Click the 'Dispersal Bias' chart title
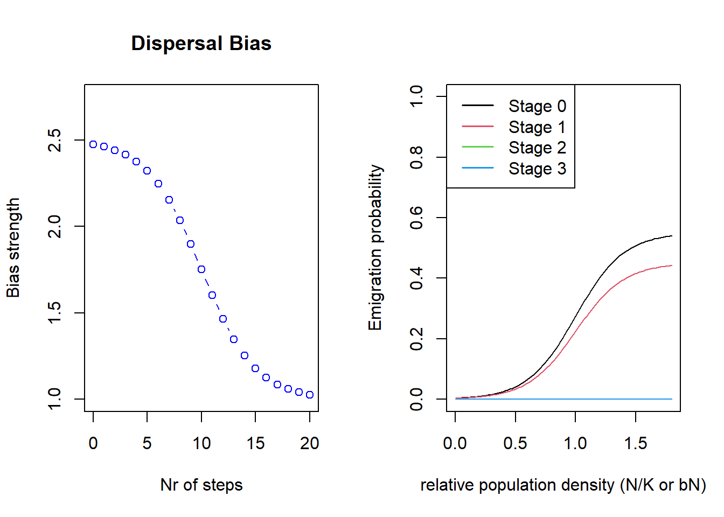coord(201,44)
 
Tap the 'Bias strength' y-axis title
coord(13,248)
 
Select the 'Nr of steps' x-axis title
coord(201,485)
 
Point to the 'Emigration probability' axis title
coord(375,248)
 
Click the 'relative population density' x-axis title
coord(563,485)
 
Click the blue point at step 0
coord(93,144)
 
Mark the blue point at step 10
coord(201,269)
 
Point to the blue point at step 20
coord(310,395)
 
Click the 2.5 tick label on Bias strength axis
coord(55,140)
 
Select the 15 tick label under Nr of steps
coord(255,443)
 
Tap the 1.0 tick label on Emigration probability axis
coord(416,96)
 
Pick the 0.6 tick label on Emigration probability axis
coord(416,218)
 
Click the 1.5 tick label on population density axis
coord(636,443)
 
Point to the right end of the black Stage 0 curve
coord(672,236)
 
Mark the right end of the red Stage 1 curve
coord(672,266)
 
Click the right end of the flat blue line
coord(672,399)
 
